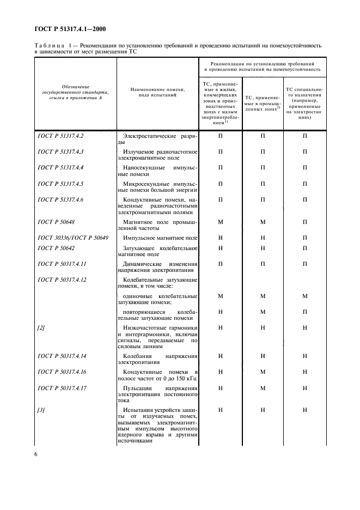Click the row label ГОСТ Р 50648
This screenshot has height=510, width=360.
coord(54,222)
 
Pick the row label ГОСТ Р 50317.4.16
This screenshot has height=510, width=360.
coord(62,372)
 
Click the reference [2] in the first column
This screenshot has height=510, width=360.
coord(41,327)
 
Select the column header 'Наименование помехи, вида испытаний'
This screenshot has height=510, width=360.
coord(158,92)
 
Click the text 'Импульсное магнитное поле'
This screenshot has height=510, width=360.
coord(160,238)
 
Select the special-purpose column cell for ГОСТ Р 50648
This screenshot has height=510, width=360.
coord(305,222)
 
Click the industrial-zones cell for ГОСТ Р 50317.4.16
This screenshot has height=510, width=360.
coord(263,372)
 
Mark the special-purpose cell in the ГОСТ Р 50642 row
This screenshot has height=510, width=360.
coord(305,248)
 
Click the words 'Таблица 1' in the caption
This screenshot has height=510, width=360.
coord(50,46)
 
